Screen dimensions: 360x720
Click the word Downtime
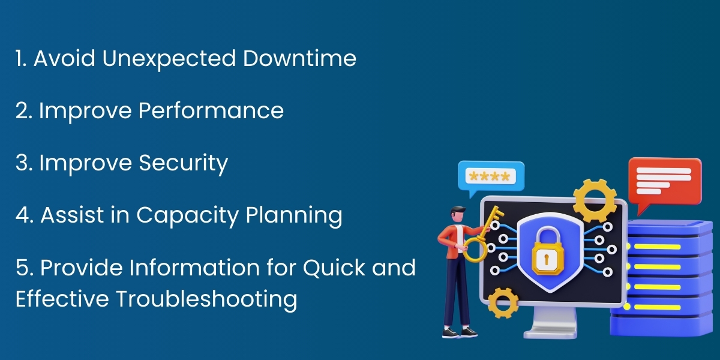(x=299, y=59)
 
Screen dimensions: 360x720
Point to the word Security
(x=183, y=163)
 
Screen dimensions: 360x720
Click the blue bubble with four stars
(x=490, y=176)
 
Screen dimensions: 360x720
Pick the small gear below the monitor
(x=503, y=302)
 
